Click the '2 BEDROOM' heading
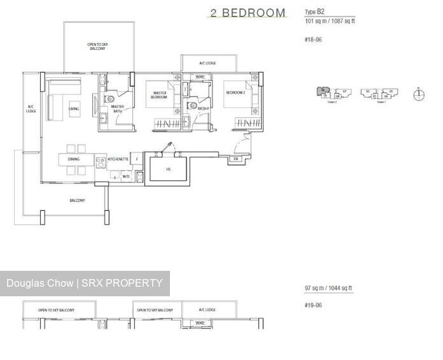[x=247, y=13]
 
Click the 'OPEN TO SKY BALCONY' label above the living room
[x=97, y=46]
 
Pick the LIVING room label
[x=74, y=108]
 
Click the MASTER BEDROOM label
[x=159, y=95]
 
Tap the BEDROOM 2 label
[x=235, y=93]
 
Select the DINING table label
[x=74, y=159]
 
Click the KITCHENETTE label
[x=118, y=159]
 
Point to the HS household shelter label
[x=169, y=169]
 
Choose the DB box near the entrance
[x=236, y=159]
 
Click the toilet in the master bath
[x=110, y=99]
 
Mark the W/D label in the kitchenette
[x=126, y=176]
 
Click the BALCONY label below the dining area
[x=77, y=201]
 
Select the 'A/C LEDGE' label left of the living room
[x=31, y=109]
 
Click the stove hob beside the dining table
[x=100, y=160]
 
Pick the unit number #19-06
[x=313, y=305]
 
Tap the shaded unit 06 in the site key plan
[x=323, y=92]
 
